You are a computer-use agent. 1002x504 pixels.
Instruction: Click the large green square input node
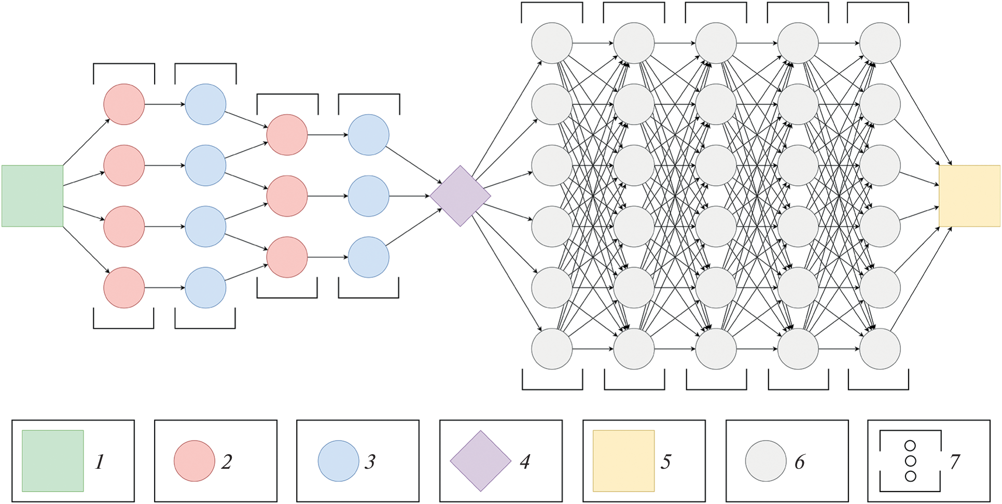coord(32,196)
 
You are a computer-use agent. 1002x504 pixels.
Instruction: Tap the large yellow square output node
coord(969,196)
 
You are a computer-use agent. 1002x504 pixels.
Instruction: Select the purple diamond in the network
coord(460,196)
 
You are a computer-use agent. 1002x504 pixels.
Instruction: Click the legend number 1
coord(100,461)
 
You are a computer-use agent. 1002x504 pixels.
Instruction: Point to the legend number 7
coord(955,461)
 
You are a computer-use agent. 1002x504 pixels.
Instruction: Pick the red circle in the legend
coord(194,461)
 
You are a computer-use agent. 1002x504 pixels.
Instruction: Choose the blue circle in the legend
coord(338,461)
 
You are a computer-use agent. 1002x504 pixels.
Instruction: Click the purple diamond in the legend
coord(481,461)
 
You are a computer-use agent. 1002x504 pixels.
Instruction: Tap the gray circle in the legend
coord(766,461)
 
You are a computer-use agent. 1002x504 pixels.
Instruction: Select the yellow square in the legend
coord(623,461)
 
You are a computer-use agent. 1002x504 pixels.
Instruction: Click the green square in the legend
coord(53,461)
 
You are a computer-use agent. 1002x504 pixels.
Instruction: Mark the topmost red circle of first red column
coord(124,104)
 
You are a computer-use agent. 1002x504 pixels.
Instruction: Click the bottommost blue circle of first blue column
coord(205,288)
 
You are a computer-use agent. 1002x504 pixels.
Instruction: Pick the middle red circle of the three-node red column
coord(287,196)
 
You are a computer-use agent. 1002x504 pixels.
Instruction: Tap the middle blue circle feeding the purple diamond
coord(368,196)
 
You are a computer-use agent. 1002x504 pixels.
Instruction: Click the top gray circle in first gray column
coord(552,43)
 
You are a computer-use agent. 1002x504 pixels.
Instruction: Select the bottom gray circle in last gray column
coord(880,349)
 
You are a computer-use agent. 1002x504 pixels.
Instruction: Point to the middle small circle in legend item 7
coord(910,461)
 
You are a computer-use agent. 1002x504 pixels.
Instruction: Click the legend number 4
coord(525,461)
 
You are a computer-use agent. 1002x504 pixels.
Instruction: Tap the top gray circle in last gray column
coord(880,43)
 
